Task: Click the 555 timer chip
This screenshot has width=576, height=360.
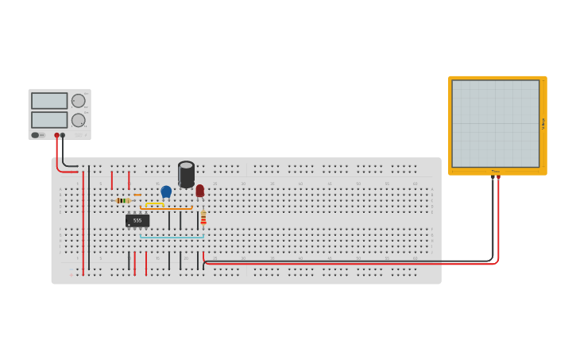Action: point(137,220)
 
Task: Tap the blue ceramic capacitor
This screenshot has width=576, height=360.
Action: point(166,191)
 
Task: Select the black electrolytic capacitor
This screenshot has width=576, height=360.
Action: point(186,174)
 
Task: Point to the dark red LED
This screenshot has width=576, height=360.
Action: point(200,191)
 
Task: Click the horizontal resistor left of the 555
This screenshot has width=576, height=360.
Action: point(122,200)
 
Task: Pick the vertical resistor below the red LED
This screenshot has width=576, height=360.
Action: point(203,217)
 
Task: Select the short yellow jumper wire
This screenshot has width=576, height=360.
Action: point(155,204)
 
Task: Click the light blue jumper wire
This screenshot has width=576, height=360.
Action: point(172,237)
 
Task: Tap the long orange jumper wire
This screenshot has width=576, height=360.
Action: point(166,208)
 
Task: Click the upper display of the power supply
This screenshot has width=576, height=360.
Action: point(49,101)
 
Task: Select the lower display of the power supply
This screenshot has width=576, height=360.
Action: point(49,120)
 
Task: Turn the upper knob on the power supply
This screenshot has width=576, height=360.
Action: point(78,101)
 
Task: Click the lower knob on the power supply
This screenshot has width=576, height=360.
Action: point(78,120)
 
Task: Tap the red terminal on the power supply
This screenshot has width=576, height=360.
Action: point(56,135)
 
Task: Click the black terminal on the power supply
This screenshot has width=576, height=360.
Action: point(63,135)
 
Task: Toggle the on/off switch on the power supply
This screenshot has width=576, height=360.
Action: point(36,135)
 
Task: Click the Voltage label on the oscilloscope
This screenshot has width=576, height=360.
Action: point(543,123)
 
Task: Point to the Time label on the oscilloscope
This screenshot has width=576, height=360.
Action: point(495,171)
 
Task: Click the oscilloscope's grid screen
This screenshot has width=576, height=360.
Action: point(495,123)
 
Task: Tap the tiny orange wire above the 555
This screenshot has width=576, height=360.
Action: point(137,195)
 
